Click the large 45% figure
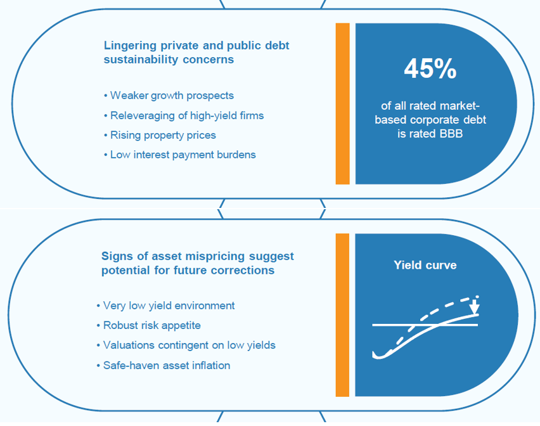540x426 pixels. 430,68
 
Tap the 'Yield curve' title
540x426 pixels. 425,265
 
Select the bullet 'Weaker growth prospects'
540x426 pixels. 169,95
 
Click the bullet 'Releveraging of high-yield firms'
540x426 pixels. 184,115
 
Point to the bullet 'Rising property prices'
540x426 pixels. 160,135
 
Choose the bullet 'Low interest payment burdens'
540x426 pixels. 180,155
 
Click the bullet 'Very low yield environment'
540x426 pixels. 165,306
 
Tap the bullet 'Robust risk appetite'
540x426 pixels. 148,325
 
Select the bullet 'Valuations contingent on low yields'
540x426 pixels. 186,345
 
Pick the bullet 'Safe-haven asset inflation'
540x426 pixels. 164,365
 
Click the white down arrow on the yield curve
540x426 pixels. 475,306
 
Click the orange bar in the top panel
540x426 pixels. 343,104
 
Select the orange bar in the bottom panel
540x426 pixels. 342,315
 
